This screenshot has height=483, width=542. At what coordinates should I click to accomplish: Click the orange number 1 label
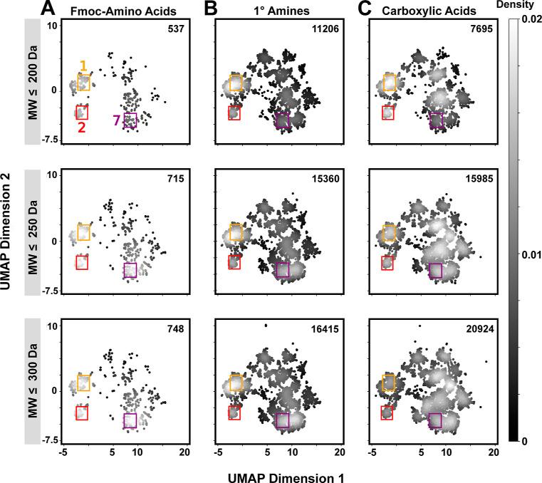point(83,66)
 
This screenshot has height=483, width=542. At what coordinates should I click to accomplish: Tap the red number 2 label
point(81,128)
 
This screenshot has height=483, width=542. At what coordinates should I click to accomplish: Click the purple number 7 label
point(116,120)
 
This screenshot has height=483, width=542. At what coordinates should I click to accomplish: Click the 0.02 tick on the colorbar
point(529,19)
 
